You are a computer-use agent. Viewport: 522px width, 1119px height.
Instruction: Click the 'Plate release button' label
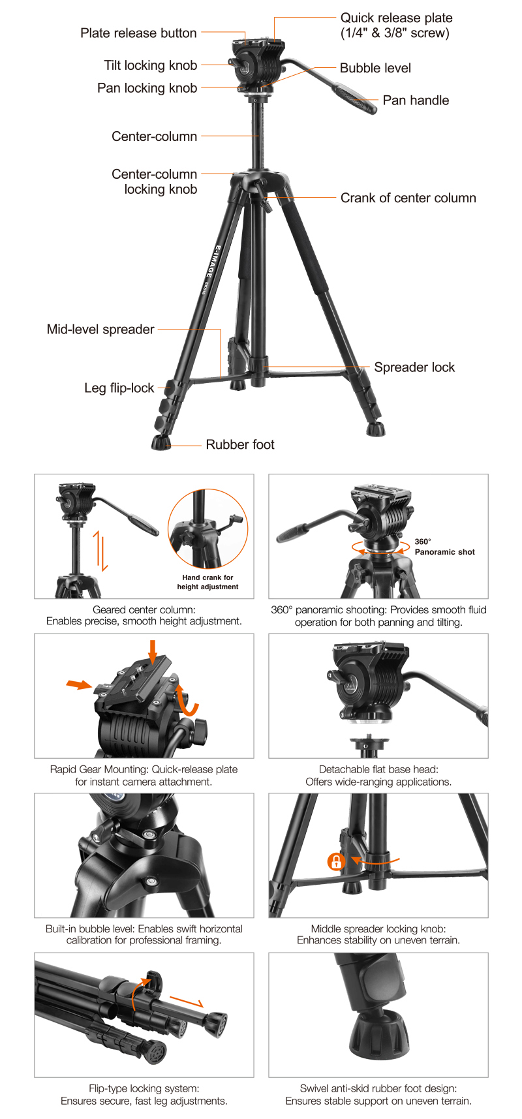point(138,33)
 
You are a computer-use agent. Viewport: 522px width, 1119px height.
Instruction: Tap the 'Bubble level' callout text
point(375,68)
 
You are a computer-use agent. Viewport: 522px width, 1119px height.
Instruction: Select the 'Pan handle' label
point(416,100)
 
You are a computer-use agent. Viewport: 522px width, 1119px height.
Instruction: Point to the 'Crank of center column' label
point(408,198)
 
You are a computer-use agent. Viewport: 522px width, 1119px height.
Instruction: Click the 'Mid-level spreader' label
point(100,330)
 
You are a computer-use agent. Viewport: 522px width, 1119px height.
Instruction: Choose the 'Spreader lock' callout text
point(414,367)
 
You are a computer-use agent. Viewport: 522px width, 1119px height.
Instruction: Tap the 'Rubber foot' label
point(240,444)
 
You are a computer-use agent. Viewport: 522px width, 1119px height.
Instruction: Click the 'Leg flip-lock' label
point(119,388)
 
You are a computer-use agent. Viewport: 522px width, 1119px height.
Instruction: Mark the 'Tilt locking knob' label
point(150,65)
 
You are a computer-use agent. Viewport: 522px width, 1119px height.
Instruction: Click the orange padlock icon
point(336,861)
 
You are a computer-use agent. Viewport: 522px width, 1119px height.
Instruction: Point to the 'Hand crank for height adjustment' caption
point(207,582)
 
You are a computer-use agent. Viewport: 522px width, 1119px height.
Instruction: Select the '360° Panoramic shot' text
point(444,547)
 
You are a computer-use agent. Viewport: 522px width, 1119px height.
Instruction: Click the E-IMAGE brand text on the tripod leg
point(219,264)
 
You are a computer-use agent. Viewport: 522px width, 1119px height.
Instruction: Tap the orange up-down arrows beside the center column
point(100,551)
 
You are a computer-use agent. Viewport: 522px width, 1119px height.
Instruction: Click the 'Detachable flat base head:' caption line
point(378,769)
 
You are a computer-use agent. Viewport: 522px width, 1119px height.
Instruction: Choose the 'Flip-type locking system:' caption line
point(144,1088)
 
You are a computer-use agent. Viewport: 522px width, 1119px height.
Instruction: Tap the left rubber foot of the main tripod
point(161,443)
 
